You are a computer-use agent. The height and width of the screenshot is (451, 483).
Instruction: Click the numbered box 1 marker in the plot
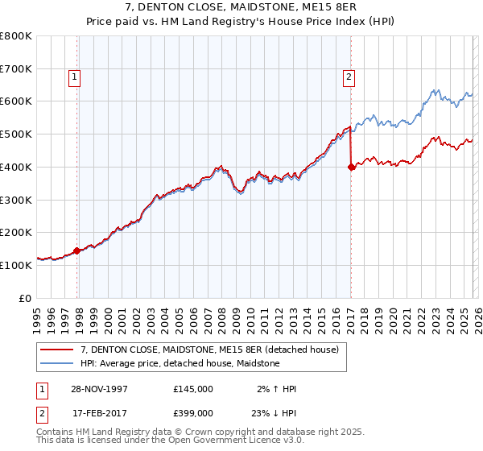(74, 77)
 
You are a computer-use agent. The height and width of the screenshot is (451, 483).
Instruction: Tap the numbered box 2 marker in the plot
(349, 77)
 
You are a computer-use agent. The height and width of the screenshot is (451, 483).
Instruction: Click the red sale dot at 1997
(77, 250)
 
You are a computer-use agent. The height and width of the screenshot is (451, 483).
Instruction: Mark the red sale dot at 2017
(351, 168)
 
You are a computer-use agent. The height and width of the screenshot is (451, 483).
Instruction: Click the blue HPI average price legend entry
(180, 363)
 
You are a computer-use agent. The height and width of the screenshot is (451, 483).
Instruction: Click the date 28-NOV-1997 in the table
(99, 389)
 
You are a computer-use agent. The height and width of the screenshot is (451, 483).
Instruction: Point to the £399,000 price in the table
(193, 413)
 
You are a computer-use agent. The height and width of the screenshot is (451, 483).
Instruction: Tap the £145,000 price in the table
(193, 389)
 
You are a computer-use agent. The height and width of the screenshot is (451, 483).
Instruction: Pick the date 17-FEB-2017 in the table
(99, 413)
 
